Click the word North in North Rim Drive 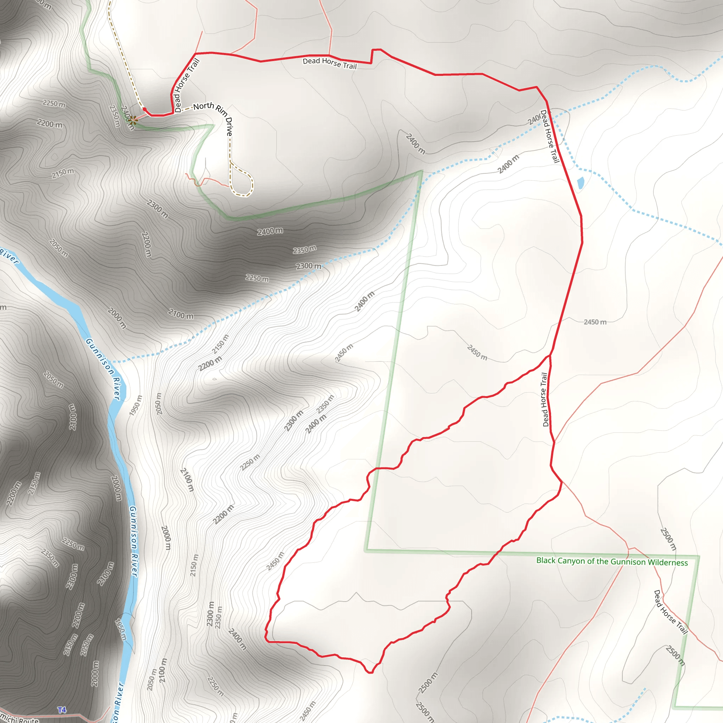(204, 106)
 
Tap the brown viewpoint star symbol (133, 119)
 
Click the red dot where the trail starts (144, 109)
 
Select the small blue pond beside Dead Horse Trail (580, 183)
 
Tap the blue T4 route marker (62, 710)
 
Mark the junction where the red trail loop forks (550, 355)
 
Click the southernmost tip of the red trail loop (370, 673)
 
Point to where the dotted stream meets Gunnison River (111, 361)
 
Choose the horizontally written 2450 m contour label (595, 322)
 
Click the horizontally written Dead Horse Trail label (329, 63)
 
